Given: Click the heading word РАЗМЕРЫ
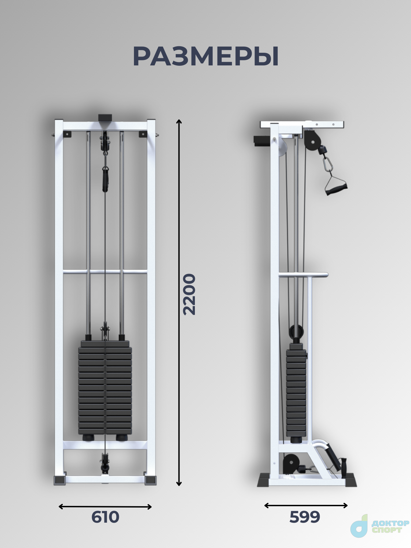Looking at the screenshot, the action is pos(206,57).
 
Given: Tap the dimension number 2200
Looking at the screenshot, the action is pos(189,294).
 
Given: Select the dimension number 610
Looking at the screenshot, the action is pos(105,517).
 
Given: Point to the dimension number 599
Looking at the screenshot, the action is pos(305,517).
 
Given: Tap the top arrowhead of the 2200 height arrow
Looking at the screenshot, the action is pos(179,121).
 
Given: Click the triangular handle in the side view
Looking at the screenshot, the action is pos(336,185).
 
